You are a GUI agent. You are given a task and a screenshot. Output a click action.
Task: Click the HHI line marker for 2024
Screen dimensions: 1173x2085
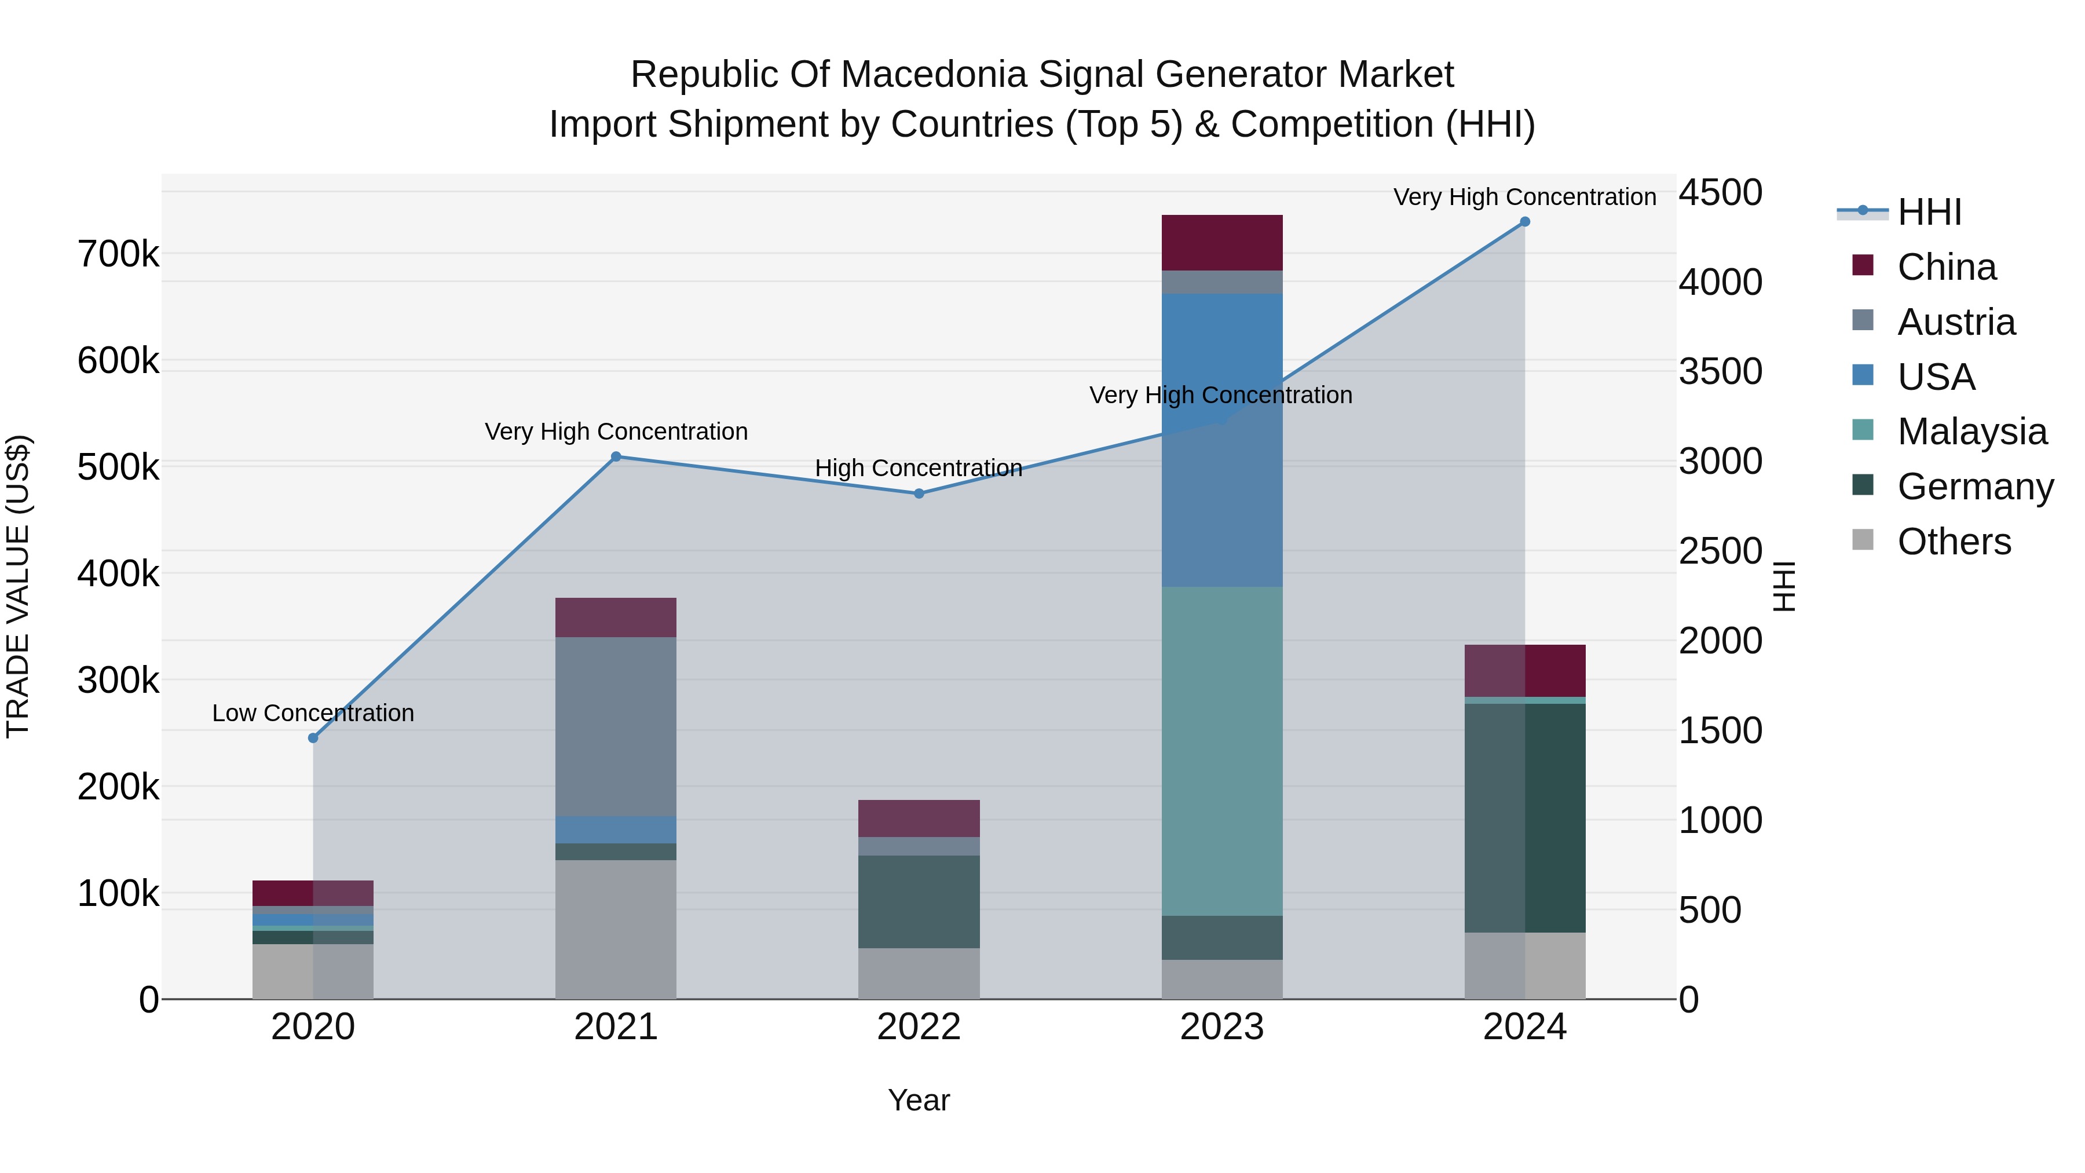pyautogui.click(x=1524, y=222)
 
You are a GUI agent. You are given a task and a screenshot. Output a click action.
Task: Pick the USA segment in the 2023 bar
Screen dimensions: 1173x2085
pyautogui.click(x=1221, y=440)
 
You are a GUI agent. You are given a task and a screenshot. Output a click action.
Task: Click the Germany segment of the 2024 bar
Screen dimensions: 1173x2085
pyautogui.click(x=1524, y=817)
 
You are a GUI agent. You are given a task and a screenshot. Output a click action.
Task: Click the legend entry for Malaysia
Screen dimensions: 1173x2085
pyautogui.click(x=1971, y=432)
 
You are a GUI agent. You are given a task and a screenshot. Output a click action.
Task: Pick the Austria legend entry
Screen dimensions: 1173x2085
pyautogui.click(x=1955, y=322)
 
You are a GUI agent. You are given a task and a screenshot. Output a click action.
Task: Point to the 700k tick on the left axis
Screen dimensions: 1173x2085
pyautogui.click(x=118, y=254)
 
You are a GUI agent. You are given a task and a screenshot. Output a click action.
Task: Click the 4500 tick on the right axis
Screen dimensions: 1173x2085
pyautogui.click(x=1720, y=193)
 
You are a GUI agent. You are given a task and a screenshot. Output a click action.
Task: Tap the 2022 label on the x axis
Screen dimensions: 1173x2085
pyautogui.click(x=919, y=1027)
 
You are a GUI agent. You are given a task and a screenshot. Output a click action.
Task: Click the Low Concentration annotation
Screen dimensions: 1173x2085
pyautogui.click(x=313, y=713)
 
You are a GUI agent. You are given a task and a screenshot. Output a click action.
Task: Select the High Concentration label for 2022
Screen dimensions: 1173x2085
pyautogui.click(x=919, y=468)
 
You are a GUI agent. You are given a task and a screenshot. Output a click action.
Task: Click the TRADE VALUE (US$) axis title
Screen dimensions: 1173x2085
pyautogui.click(x=18, y=586)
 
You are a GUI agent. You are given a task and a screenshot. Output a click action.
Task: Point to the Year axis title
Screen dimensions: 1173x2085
pyautogui.click(x=919, y=1100)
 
